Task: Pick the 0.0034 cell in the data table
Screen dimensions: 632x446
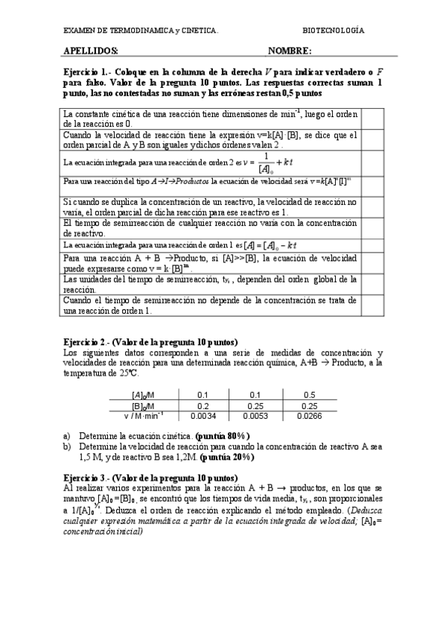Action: coord(203,417)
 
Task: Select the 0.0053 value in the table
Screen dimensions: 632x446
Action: coord(256,417)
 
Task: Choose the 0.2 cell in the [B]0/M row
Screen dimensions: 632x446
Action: coord(203,405)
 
